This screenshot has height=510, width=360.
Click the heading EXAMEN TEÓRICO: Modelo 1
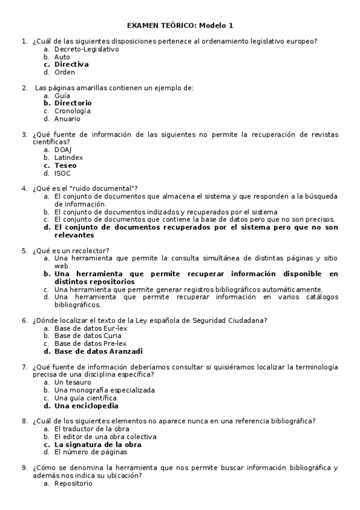click(180, 25)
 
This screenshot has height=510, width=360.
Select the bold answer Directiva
click(71, 64)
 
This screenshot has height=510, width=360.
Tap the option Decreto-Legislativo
click(86, 49)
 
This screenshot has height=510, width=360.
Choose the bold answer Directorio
click(73, 103)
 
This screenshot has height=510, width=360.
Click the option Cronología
click(72, 111)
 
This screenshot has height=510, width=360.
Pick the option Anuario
click(67, 119)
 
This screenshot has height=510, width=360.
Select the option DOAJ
click(63, 150)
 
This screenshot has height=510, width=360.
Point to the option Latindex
click(69, 158)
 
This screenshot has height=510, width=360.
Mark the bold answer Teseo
click(65, 165)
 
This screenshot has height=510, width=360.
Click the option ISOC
click(63, 173)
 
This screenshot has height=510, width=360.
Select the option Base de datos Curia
click(83, 336)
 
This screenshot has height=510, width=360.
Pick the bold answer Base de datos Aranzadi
click(99, 351)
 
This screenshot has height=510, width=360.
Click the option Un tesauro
click(73, 382)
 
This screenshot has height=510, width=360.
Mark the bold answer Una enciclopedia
click(86, 406)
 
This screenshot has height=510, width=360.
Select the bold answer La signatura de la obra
click(98, 445)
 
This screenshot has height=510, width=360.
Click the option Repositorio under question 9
click(73, 483)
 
